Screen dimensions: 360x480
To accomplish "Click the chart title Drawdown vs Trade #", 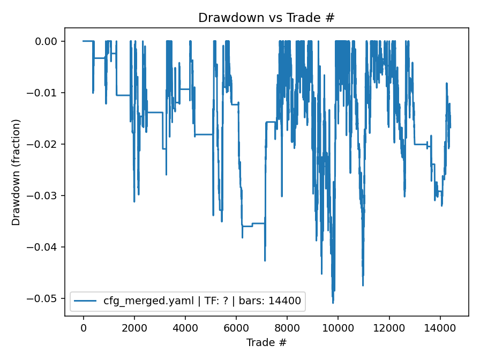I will point(266,18).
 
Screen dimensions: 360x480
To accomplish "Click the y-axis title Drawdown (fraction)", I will point(16,172).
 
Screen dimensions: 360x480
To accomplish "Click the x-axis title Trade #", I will point(266,342).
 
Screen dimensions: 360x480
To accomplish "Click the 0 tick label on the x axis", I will point(83,327).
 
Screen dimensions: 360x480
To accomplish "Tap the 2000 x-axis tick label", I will point(134,327).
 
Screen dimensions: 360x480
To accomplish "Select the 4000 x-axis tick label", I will point(185,327).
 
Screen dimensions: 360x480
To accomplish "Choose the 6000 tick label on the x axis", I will point(236,327).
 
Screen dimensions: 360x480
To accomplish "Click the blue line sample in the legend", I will point(86,301).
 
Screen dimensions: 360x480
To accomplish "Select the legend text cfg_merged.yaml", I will point(139,301).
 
